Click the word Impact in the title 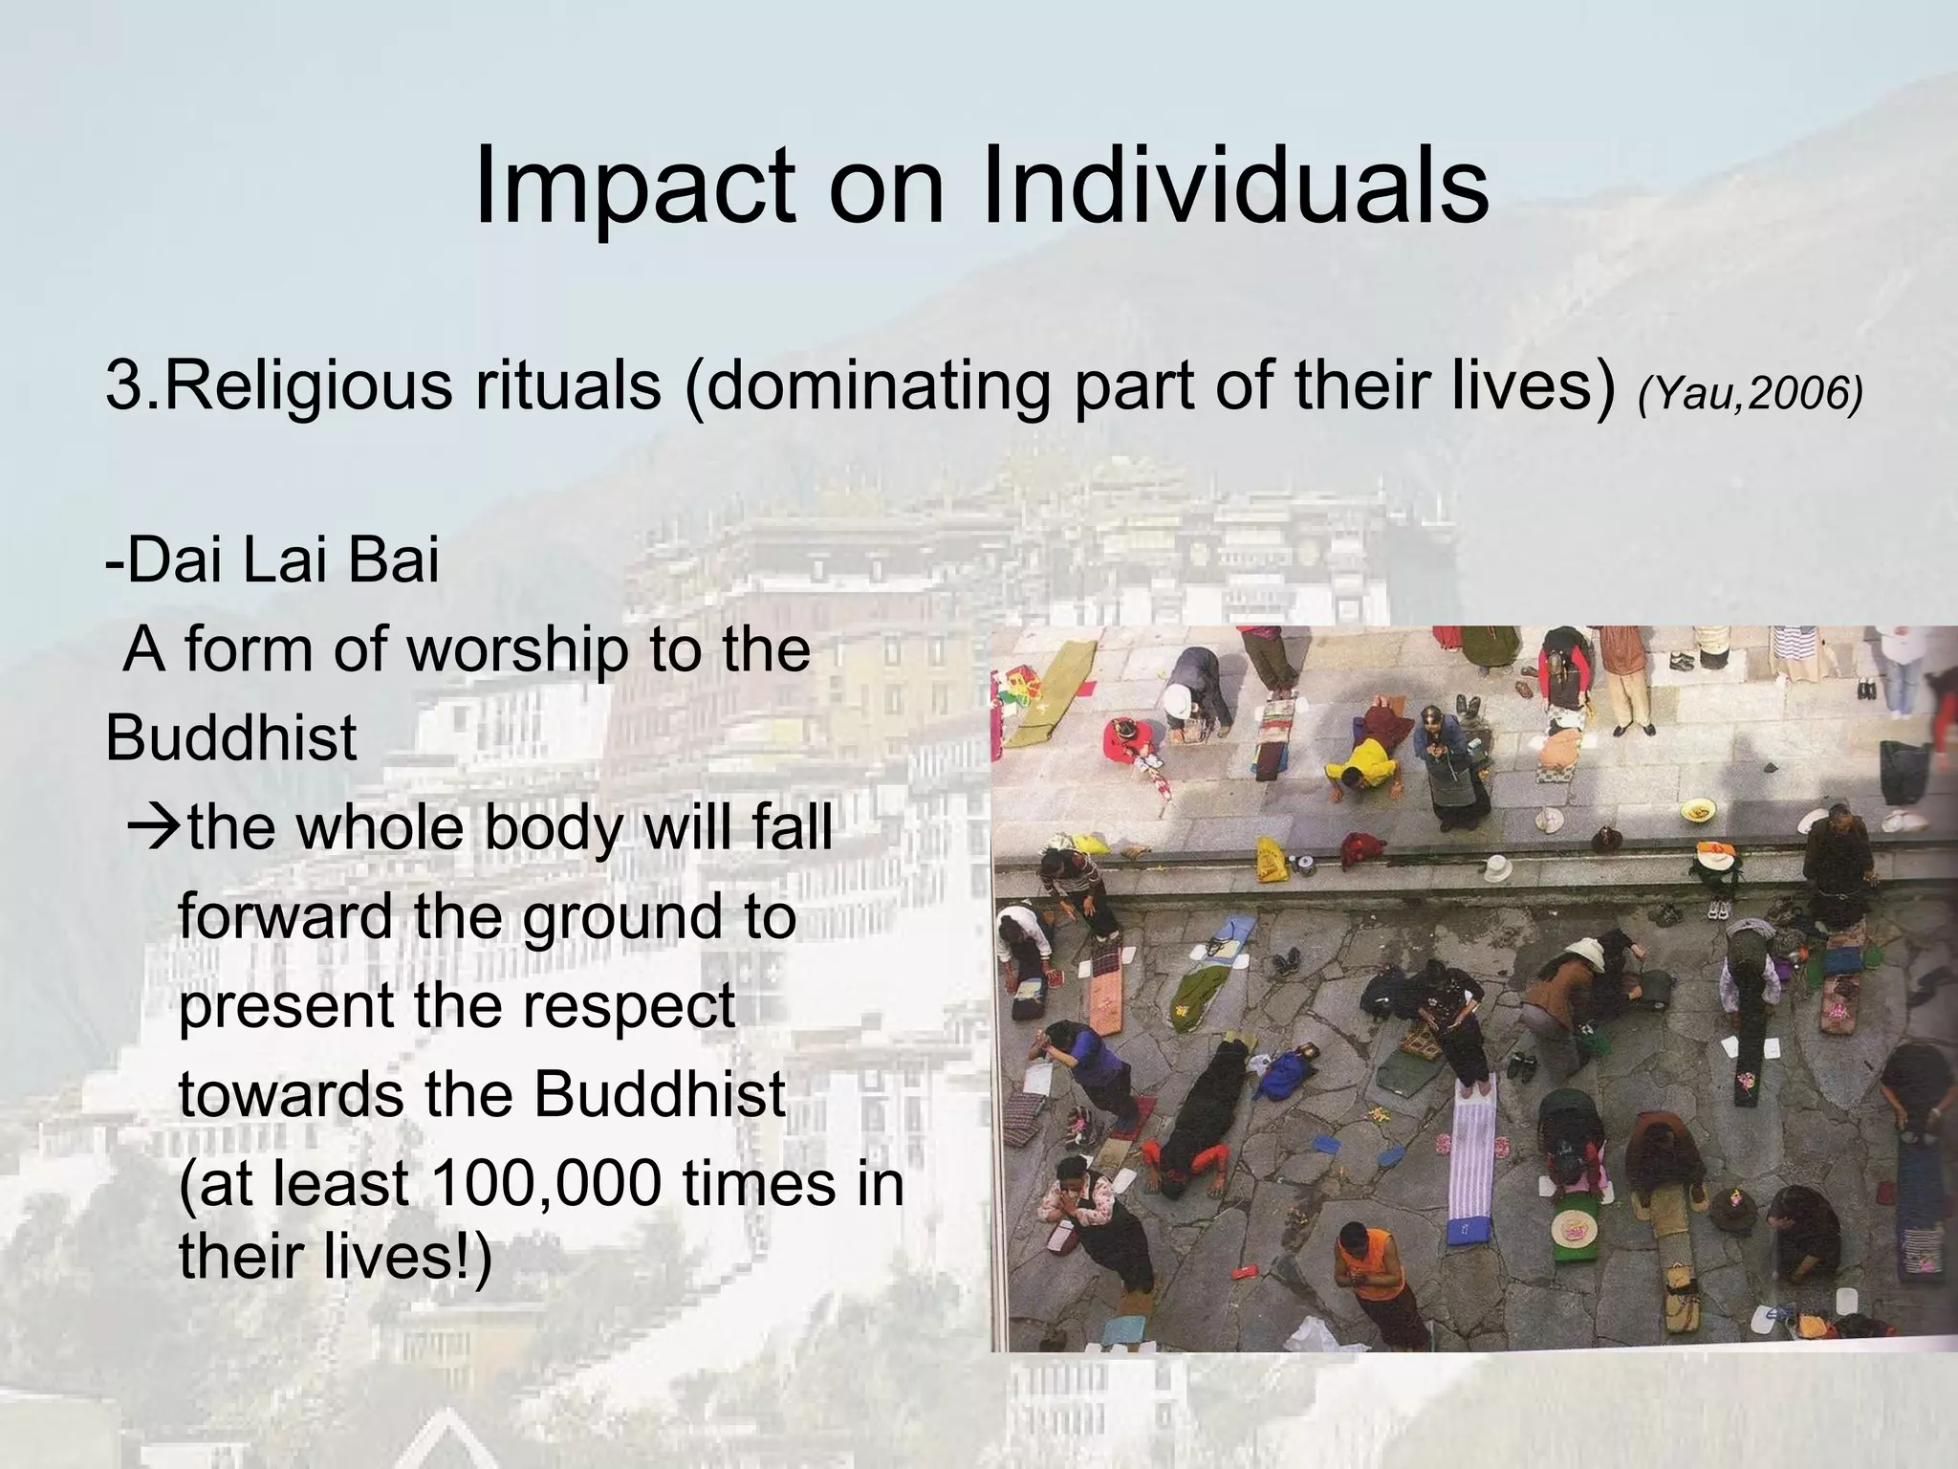tap(634, 186)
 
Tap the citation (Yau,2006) tap(1750, 393)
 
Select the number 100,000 tap(546, 1184)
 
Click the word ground tap(622, 918)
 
